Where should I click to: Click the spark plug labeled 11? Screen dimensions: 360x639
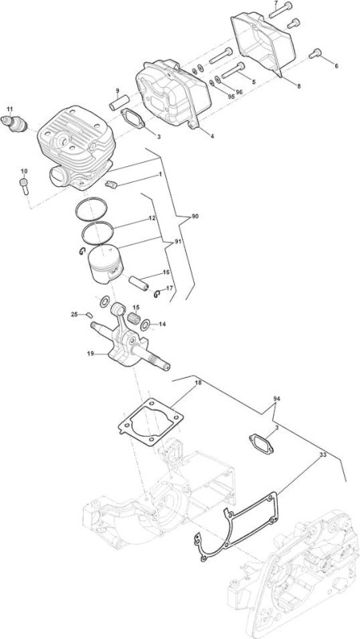pos(14,123)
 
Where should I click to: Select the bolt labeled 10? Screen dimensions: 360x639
pos(24,187)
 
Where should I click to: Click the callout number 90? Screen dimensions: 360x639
pos(195,216)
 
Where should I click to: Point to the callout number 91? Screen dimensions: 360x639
pos(177,242)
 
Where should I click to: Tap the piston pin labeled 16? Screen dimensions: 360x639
pos(138,283)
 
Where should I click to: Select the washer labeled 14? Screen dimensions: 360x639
pos(144,325)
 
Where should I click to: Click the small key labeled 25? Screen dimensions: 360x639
pos(89,315)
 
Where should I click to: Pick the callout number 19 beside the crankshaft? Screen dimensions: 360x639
pos(90,353)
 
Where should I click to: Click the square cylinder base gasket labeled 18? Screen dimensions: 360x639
pos(151,422)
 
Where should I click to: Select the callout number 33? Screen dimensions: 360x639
pos(322,454)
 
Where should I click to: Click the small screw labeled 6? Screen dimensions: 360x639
pos(315,54)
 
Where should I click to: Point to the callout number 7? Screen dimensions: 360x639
pos(276,3)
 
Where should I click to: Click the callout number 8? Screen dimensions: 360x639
pos(299,86)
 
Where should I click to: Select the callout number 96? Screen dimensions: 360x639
pos(239,92)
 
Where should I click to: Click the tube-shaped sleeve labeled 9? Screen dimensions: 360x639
pos(119,102)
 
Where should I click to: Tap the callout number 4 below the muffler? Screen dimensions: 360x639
pos(212,136)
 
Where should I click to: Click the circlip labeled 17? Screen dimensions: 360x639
pos(157,294)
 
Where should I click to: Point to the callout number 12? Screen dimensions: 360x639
pos(152,218)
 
